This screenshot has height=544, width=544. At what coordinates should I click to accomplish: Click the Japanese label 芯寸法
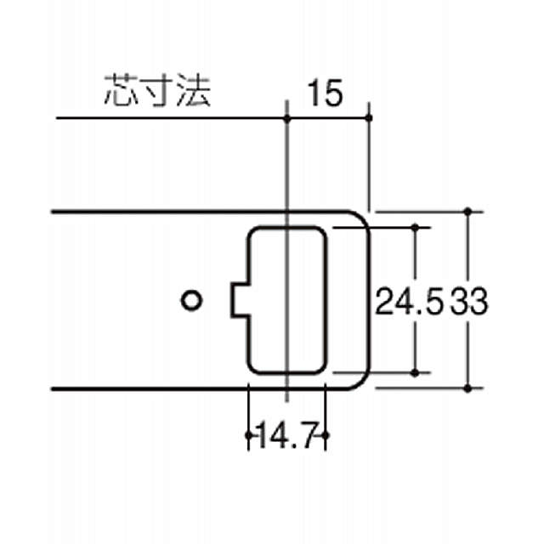[156, 90]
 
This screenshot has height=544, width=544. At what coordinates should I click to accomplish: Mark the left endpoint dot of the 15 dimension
[288, 117]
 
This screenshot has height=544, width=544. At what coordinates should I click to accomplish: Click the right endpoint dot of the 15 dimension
[370, 117]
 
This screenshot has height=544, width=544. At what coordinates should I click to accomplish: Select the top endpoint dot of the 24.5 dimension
[416, 227]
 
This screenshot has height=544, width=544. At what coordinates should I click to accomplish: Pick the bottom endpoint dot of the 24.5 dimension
[416, 372]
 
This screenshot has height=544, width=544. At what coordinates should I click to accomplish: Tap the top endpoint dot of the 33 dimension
[468, 210]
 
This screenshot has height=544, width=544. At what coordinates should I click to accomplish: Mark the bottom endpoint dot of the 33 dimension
[468, 388]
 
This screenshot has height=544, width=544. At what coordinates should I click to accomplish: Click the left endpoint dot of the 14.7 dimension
[247, 435]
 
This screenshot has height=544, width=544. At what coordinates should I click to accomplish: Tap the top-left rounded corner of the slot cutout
[252, 231]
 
